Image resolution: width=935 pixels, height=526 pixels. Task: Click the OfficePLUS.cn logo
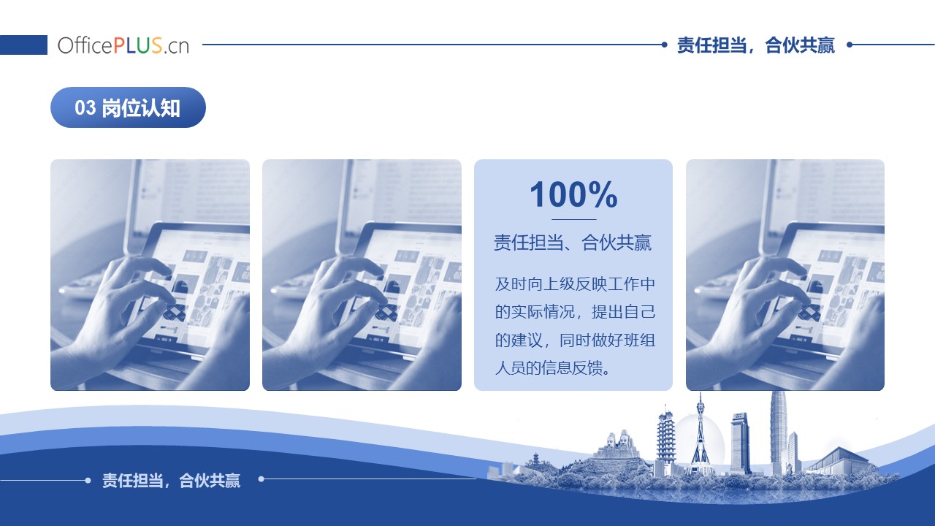(x=123, y=45)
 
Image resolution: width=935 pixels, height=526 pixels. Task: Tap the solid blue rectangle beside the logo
(x=23, y=45)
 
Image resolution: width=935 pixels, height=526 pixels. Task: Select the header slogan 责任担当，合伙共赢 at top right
(x=755, y=45)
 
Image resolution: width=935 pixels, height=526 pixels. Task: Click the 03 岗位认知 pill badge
(x=128, y=107)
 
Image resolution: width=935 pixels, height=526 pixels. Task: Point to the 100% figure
(x=573, y=194)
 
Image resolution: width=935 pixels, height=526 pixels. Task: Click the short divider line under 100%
(x=574, y=219)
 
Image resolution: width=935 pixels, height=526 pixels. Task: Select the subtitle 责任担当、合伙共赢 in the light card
(x=573, y=243)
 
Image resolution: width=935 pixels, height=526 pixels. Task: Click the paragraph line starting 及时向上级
(x=575, y=284)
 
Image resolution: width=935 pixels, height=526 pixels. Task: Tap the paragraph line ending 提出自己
(x=575, y=312)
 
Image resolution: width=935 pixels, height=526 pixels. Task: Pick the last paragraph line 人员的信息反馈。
(x=553, y=367)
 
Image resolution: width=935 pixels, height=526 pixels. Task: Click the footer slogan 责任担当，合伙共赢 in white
(x=171, y=481)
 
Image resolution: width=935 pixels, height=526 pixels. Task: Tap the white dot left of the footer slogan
(x=88, y=480)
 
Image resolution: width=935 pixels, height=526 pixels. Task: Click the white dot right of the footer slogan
(x=262, y=479)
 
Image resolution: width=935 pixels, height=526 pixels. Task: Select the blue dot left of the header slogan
(x=665, y=45)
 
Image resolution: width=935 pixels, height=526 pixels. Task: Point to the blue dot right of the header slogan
(x=850, y=45)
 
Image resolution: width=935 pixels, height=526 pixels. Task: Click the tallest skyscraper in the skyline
(x=778, y=432)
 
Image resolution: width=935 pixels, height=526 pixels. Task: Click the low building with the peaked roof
(x=839, y=460)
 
